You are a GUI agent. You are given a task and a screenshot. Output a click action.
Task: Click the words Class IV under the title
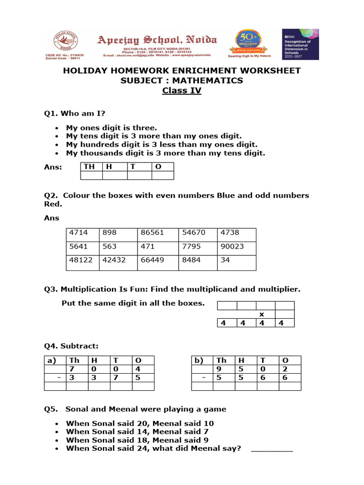(x=182, y=90)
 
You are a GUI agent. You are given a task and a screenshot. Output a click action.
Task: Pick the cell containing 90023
(x=237, y=246)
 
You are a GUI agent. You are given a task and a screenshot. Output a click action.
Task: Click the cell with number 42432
(x=118, y=260)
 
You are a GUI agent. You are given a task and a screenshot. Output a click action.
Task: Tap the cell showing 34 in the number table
(x=237, y=260)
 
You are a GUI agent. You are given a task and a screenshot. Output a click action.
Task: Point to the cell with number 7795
(x=198, y=246)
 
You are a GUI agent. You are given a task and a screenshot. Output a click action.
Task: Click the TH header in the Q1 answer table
(x=89, y=167)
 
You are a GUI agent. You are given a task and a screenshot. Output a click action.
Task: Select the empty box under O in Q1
(x=163, y=176)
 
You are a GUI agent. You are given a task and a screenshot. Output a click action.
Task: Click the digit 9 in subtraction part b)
(x=218, y=369)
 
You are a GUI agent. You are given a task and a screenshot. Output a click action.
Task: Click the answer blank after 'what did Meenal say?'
(x=272, y=449)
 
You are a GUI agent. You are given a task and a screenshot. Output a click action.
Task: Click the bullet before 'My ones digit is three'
(x=57, y=128)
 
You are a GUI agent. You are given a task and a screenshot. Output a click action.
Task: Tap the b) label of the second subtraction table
(x=199, y=360)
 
